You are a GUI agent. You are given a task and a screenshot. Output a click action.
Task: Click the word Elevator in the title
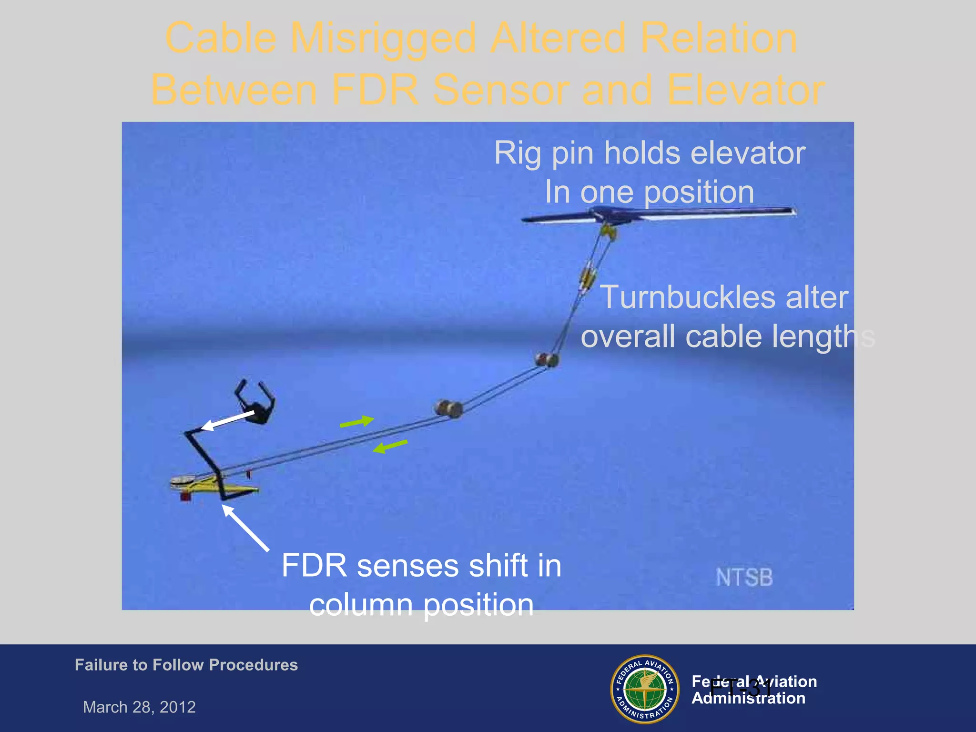[x=746, y=91]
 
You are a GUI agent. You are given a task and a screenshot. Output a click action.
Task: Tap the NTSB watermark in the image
[x=743, y=578]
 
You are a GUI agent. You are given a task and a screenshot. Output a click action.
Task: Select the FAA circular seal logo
[x=645, y=689]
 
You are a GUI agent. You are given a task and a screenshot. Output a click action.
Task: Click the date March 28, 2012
[x=139, y=707]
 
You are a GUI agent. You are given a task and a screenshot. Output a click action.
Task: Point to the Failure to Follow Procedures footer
[x=186, y=665]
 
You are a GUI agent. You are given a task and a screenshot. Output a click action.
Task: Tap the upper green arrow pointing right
[x=357, y=422]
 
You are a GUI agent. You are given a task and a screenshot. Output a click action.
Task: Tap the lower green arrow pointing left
[x=390, y=447]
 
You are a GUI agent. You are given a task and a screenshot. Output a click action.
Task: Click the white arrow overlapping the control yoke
[x=228, y=421]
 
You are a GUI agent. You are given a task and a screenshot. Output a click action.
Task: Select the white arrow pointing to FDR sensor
[x=245, y=528]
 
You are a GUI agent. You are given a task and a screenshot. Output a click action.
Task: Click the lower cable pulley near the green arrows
[x=448, y=409]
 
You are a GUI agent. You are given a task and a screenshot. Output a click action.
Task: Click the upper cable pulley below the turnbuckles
[x=547, y=360]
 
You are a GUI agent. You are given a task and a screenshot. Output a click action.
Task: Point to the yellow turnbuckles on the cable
[x=588, y=276]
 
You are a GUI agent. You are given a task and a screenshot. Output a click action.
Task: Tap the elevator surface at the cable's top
[x=658, y=214]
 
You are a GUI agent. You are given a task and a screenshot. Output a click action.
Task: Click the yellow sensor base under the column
[x=214, y=486]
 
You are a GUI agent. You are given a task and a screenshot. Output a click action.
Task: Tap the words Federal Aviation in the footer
[x=754, y=681]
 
